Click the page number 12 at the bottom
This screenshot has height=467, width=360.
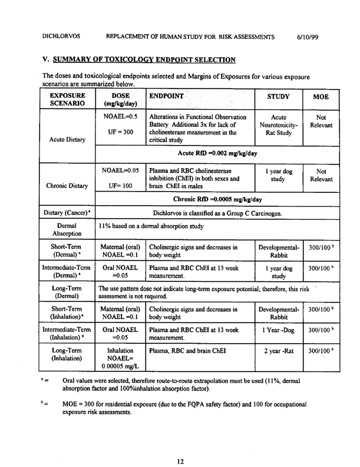[x=180, y=446]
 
